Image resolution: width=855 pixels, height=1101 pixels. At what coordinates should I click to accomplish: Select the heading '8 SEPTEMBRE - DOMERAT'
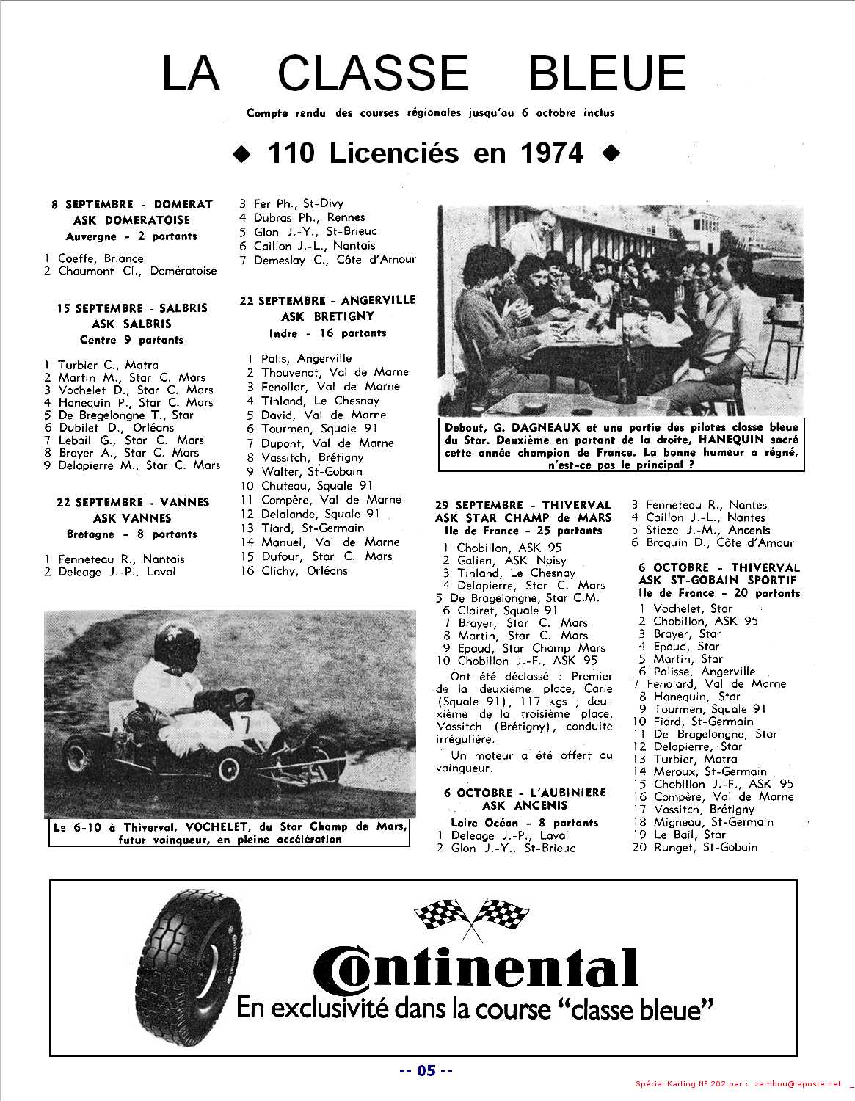pyautogui.click(x=132, y=204)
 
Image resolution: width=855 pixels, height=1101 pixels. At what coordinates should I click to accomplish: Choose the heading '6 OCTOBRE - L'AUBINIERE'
pyautogui.click(x=525, y=793)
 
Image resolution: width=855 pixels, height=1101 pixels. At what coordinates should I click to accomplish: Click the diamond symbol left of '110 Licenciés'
pyautogui.click(x=239, y=154)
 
